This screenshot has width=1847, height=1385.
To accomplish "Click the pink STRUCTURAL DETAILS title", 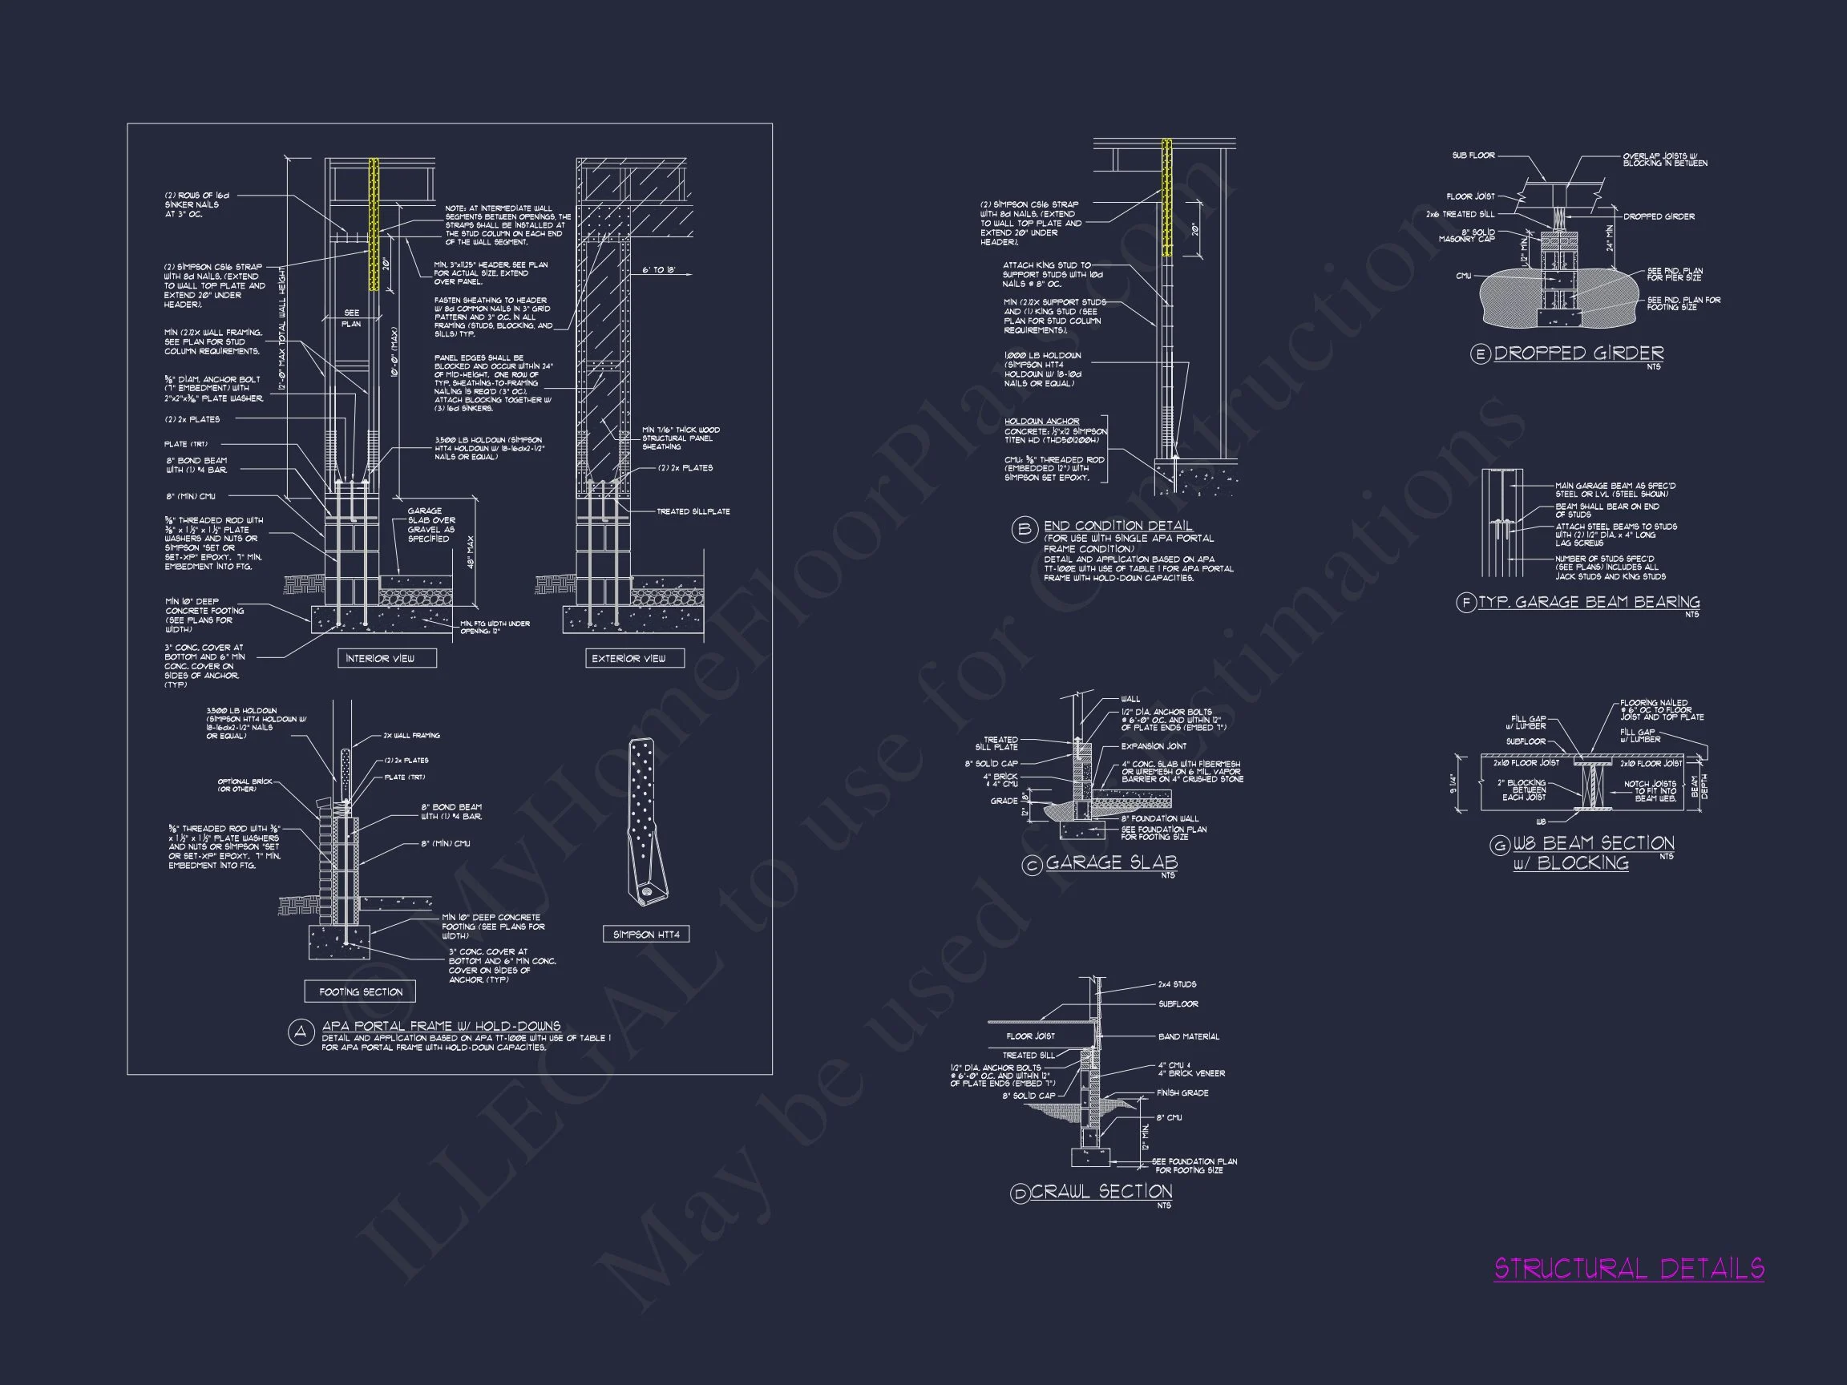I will point(1628,1270).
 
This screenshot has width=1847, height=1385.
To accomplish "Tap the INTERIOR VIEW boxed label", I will point(380,659).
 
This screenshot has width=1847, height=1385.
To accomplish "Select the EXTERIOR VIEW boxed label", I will point(628,659).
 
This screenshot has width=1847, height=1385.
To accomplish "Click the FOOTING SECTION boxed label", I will point(361,991).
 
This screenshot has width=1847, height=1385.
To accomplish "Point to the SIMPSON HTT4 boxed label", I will point(646,935).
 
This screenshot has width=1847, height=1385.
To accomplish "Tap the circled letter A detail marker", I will point(300,1032).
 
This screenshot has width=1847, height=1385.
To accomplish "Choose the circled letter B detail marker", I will point(1024,531).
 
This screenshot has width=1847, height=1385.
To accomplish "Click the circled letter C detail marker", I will point(1032,866).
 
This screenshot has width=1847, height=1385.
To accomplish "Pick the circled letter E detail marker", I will point(1481,355).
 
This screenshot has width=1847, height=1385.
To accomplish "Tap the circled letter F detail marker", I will point(1466,603).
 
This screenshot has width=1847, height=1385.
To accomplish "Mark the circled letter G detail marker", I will point(1500,846).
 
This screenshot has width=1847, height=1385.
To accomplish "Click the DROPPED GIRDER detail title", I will point(1579,353).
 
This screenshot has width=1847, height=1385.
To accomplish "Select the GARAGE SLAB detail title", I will point(1111,862).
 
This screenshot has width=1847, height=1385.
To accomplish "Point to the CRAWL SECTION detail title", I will point(1101,1191).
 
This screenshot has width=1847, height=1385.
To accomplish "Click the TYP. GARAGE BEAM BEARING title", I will point(1589,602).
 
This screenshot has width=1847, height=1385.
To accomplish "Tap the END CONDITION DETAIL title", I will point(1118,526).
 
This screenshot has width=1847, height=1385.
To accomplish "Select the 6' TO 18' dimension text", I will point(659,270).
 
